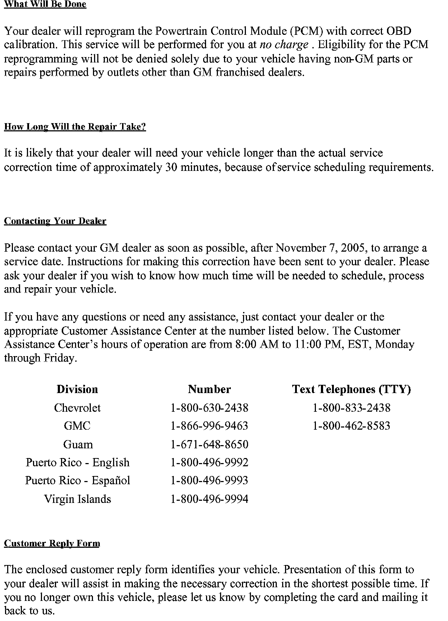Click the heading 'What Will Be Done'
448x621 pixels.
(45, 4)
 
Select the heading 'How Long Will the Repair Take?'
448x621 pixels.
(75, 127)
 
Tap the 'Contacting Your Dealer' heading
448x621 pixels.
(55, 221)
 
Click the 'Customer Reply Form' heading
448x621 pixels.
(52, 543)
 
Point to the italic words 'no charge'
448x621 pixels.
(284, 45)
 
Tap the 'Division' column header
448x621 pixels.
(77, 389)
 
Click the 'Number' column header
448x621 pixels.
(209, 389)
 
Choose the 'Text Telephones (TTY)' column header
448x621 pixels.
(351, 389)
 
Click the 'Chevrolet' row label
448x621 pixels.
(77, 408)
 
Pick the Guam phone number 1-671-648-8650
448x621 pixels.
(209, 444)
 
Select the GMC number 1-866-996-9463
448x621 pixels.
(209, 426)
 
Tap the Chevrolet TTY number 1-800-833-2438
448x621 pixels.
(351, 408)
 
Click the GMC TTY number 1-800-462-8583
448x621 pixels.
(351, 426)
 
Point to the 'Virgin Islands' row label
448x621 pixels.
(78, 499)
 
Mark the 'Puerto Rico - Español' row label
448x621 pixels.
(78, 481)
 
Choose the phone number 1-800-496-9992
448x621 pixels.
(209, 462)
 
